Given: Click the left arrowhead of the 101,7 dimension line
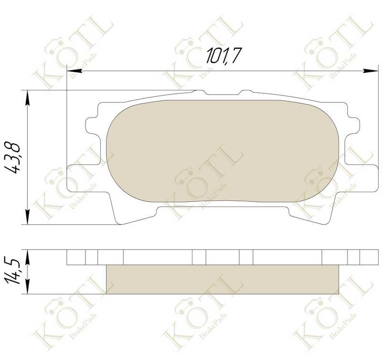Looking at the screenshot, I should click(74, 71).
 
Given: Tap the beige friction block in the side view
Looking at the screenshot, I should click(222, 279).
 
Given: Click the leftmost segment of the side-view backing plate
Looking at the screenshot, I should click(76, 257).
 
